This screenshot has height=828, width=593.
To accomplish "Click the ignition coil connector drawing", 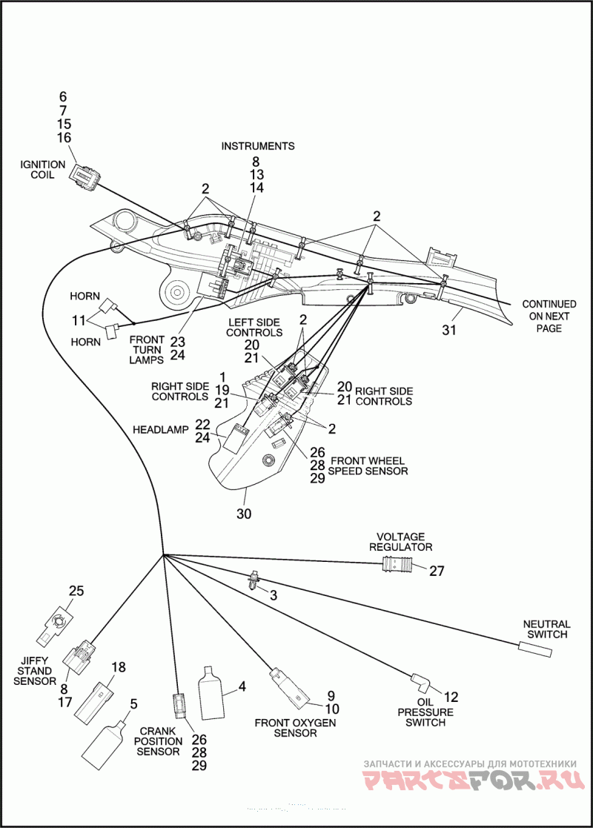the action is pyautogui.click(x=84, y=175).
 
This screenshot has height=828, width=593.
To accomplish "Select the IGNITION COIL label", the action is pyautogui.click(x=43, y=170).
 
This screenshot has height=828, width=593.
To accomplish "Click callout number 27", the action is pyautogui.click(x=437, y=571).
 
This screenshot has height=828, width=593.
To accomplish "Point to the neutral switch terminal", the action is pyautogui.click(x=535, y=649).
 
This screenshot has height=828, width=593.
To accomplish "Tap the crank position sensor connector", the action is pyautogui.click(x=180, y=706).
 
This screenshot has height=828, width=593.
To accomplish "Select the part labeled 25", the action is pyautogui.click(x=55, y=623).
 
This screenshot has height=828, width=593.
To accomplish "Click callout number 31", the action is pyautogui.click(x=449, y=330).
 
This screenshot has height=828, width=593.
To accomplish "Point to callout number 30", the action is pyautogui.click(x=244, y=513).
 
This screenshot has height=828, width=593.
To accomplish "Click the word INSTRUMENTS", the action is pyautogui.click(x=258, y=146).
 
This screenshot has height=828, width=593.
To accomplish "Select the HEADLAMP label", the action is pyautogui.click(x=161, y=430).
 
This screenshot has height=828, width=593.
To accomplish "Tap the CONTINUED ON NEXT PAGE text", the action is pyautogui.click(x=549, y=317).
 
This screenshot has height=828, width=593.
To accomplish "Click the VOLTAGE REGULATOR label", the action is pyautogui.click(x=400, y=542).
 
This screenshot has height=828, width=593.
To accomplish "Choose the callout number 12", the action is pyautogui.click(x=451, y=697).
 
